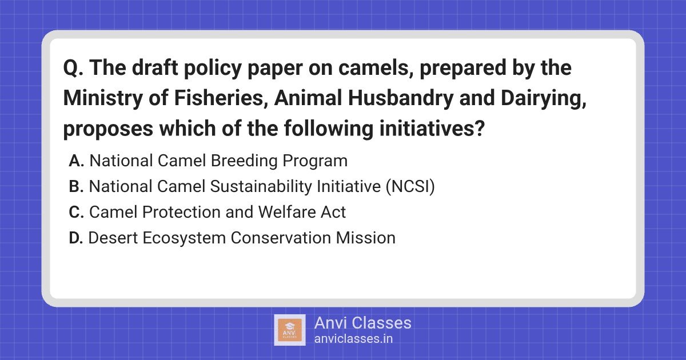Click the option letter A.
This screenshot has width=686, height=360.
(77, 161)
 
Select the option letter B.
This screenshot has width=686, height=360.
(76, 186)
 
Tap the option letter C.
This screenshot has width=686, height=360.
(77, 212)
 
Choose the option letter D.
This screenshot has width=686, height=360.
(76, 238)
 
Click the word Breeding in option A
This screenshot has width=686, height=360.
(244, 161)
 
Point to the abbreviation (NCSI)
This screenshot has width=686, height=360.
(410, 187)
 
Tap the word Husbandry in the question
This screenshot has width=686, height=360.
(400, 98)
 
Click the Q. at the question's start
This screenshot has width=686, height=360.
(73, 68)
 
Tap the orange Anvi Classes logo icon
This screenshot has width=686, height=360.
(290, 330)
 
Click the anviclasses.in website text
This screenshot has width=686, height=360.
(353, 339)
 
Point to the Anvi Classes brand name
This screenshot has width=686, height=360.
(363, 323)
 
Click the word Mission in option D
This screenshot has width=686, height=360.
(366, 238)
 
